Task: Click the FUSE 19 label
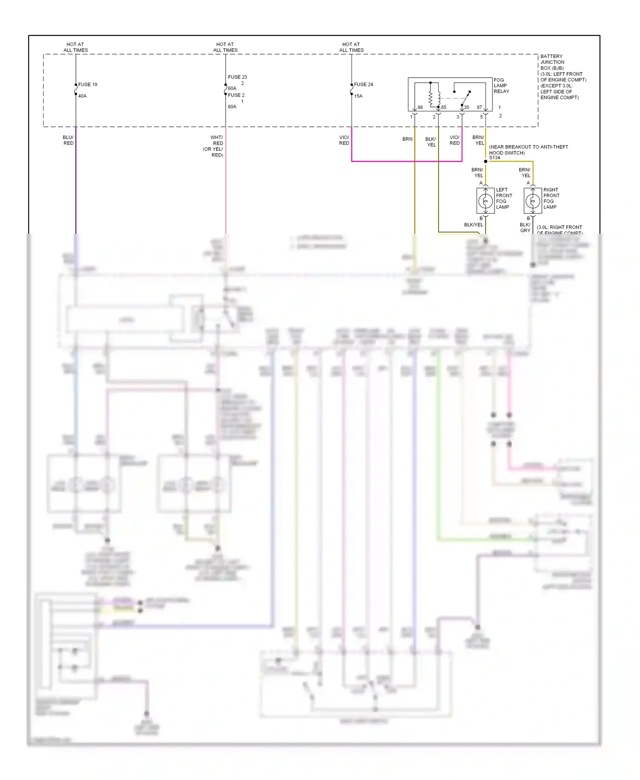click(x=87, y=84)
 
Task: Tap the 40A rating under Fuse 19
click(x=82, y=96)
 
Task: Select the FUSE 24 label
click(x=363, y=84)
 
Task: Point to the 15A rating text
click(x=358, y=96)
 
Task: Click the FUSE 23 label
click(x=237, y=77)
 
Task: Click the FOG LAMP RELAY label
click(x=501, y=86)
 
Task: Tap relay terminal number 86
click(x=420, y=108)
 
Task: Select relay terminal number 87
click(x=480, y=108)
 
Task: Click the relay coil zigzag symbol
click(x=431, y=98)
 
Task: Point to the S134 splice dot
click(x=486, y=161)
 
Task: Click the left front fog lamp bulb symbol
click(x=485, y=201)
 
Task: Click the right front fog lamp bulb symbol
click(x=532, y=201)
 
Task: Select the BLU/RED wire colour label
click(x=68, y=140)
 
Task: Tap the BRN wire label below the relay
click(x=407, y=139)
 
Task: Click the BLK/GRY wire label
click(x=525, y=227)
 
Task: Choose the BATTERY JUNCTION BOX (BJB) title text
click(x=552, y=62)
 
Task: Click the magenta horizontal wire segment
click(x=405, y=161)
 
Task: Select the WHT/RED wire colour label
click(x=217, y=140)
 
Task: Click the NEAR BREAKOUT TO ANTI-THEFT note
click(x=528, y=150)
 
